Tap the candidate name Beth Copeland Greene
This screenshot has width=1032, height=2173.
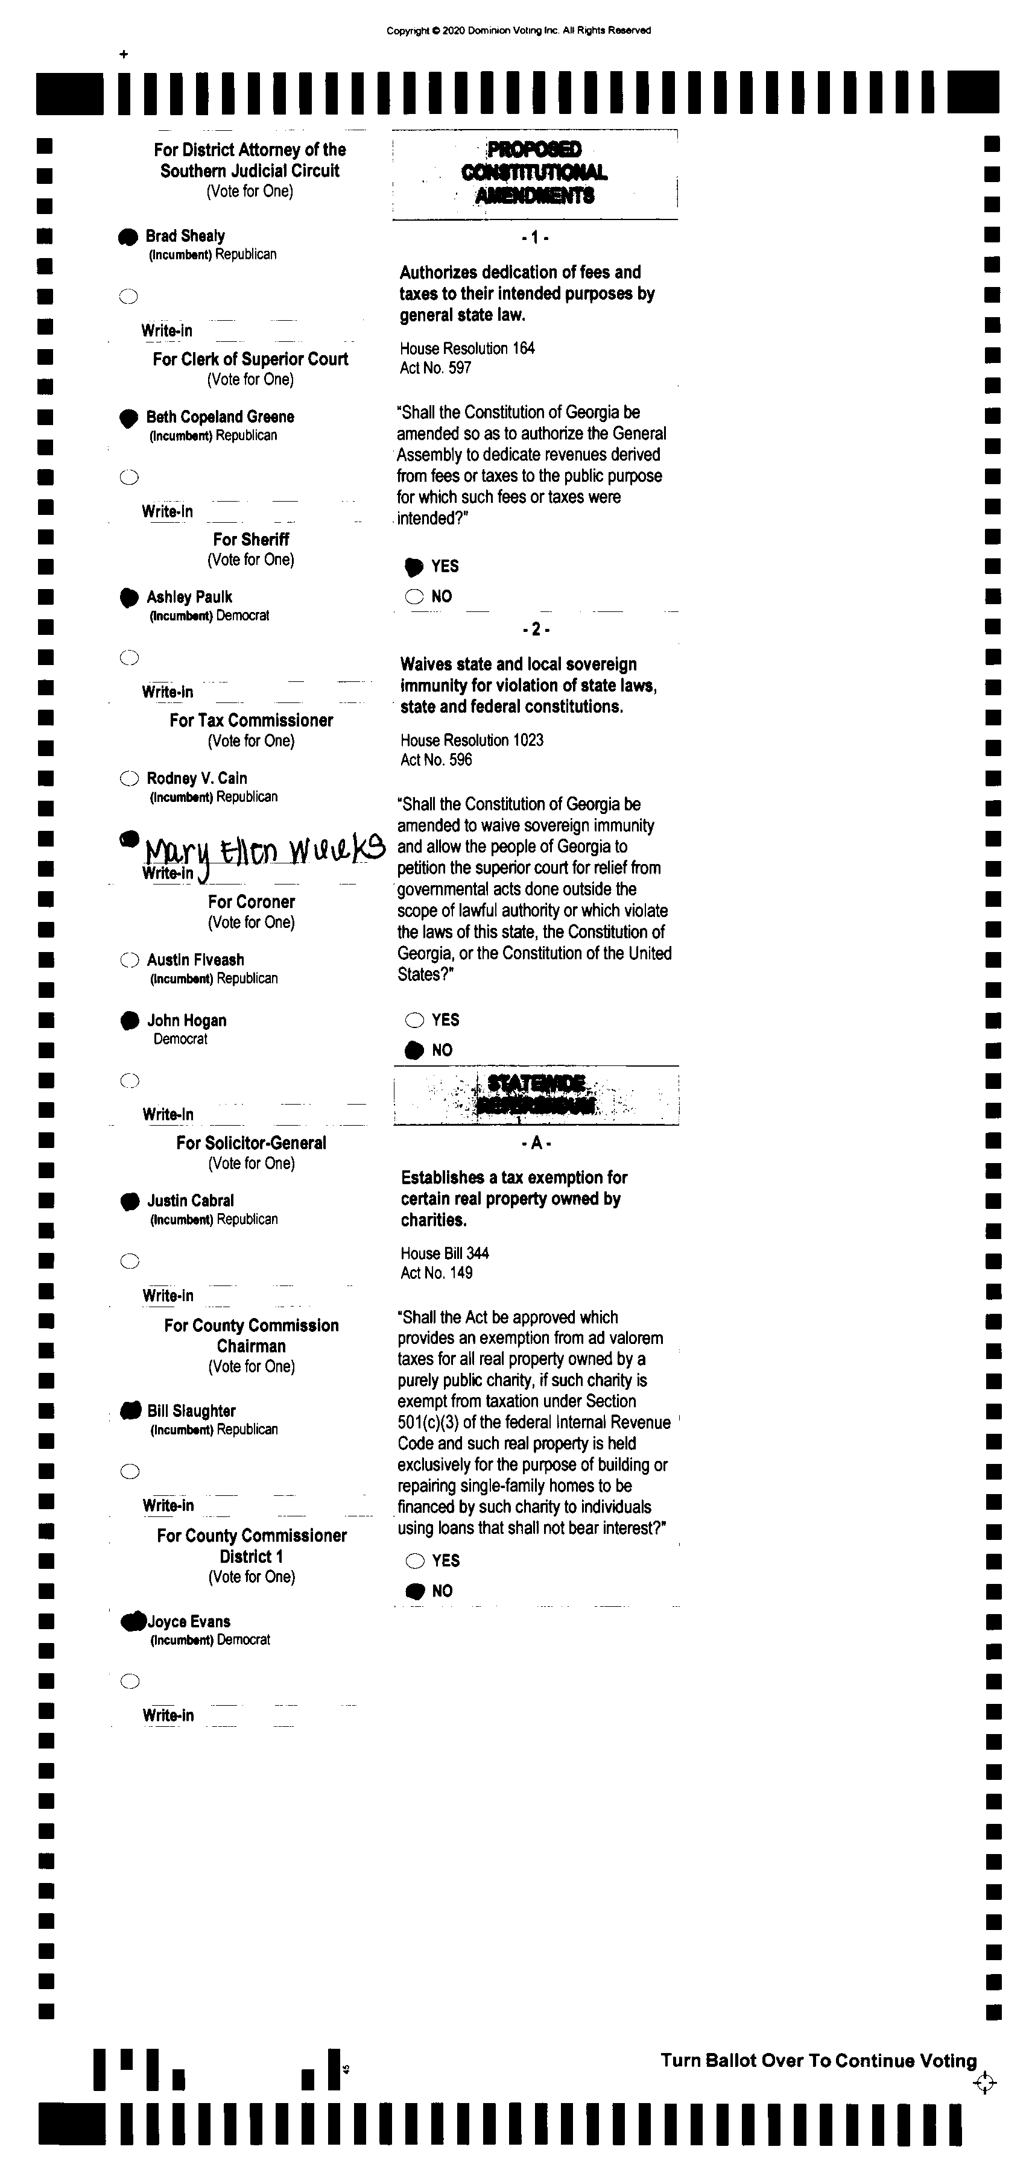(220, 417)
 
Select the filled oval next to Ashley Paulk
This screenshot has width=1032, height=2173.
(128, 598)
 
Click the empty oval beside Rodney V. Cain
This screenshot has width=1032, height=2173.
(128, 778)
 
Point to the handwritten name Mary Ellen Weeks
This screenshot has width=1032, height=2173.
(264, 850)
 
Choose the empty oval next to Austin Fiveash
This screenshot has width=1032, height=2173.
(129, 960)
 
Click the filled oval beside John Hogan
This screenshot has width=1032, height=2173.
(129, 1021)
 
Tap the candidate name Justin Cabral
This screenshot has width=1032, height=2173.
(190, 1200)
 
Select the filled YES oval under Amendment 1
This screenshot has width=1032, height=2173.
(414, 567)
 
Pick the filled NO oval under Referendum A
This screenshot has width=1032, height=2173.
(415, 1591)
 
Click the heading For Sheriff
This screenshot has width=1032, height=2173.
(251, 540)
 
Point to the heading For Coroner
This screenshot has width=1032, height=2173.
(252, 902)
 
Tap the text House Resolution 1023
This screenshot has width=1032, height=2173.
(472, 740)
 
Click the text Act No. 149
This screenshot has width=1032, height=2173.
(436, 1273)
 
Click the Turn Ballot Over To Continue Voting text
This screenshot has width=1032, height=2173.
(818, 2061)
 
